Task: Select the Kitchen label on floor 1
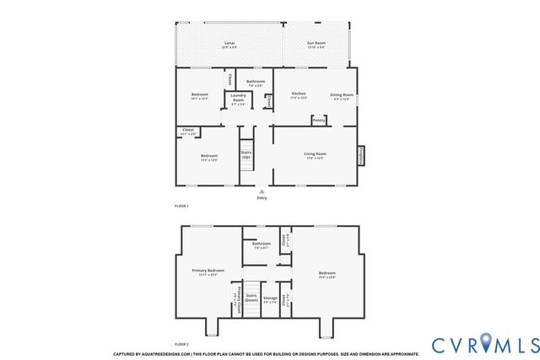click(x=299, y=94)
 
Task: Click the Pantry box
click(x=319, y=121)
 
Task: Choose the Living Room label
click(x=316, y=154)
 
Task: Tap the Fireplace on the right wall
click(x=361, y=156)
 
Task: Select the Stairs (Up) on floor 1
click(x=246, y=156)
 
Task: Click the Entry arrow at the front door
click(x=262, y=191)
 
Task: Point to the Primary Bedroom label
click(x=208, y=271)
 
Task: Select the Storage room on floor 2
click(x=270, y=298)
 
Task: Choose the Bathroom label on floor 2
click(x=261, y=244)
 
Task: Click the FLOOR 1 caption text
click(x=181, y=207)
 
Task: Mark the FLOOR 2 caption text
click(x=181, y=344)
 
